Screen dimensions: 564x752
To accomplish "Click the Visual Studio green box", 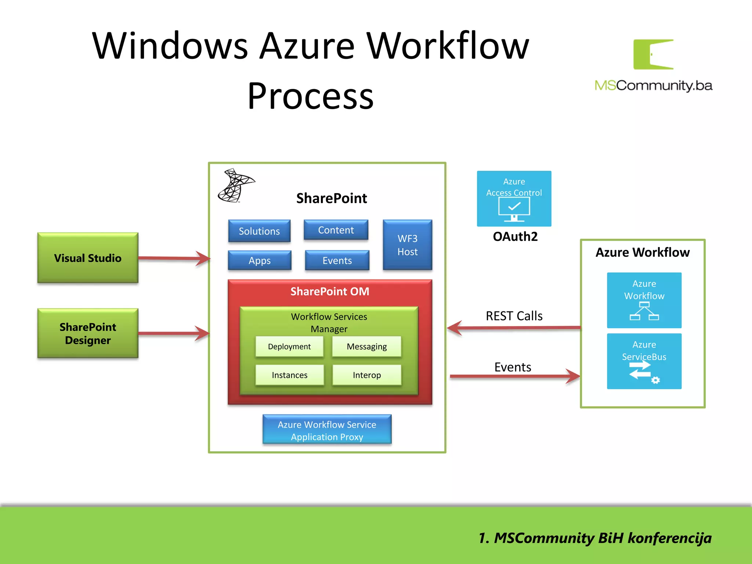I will pyautogui.click(x=88, y=258).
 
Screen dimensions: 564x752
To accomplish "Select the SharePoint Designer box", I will pyautogui.click(x=88, y=333).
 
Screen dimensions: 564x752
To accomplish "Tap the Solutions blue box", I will pyautogui.click(x=259, y=231).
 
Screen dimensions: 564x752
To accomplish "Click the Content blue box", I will pyautogui.click(x=336, y=230).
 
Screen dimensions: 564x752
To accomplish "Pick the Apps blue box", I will pyautogui.click(x=260, y=260).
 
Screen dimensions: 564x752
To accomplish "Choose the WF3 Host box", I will pyautogui.click(x=407, y=245).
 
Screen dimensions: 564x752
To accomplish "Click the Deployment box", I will pyautogui.click(x=289, y=346).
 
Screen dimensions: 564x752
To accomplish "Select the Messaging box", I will pyautogui.click(x=366, y=346).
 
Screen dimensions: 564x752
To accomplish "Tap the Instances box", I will pyautogui.click(x=289, y=375).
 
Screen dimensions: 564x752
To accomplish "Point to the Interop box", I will pyautogui.click(x=366, y=375).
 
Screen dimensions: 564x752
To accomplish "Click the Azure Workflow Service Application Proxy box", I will pyautogui.click(x=327, y=430).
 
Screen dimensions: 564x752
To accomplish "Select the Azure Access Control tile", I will pyautogui.click(x=514, y=199).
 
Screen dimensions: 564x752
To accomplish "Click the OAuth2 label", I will pyautogui.click(x=515, y=236).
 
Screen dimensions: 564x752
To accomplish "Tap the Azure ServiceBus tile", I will pyautogui.click(x=644, y=361).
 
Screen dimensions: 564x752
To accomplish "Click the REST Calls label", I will pyautogui.click(x=514, y=316).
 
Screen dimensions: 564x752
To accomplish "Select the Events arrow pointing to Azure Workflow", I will pyautogui.click(x=514, y=376).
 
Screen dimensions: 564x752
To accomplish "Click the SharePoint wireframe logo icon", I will pyautogui.click(x=235, y=185).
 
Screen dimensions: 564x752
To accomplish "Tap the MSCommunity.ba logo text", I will pyautogui.click(x=653, y=86).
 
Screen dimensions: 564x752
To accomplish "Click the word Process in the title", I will pyautogui.click(x=311, y=96).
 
